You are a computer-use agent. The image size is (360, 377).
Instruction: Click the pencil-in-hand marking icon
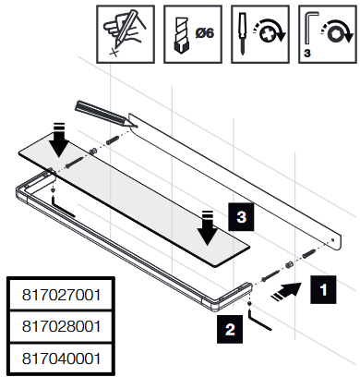[x=125, y=32]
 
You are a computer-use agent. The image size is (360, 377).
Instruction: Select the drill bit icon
[x=182, y=35]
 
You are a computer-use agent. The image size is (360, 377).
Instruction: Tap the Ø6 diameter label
[x=205, y=32]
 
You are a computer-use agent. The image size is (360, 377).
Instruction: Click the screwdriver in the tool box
[x=243, y=33]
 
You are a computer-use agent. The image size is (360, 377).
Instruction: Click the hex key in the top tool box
[x=309, y=28]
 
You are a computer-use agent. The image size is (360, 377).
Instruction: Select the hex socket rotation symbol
[x=336, y=32]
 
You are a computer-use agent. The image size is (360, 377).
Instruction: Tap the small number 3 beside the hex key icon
[x=307, y=53]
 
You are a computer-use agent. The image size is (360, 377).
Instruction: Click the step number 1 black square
[x=323, y=289]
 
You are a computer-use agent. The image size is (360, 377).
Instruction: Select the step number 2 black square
[x=230, y=329]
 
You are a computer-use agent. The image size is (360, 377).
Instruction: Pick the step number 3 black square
[x=241, y=216]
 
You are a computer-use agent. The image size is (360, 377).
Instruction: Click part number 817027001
[x=61, y=295]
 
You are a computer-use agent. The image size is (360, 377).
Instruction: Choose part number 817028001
[x=61, y=326]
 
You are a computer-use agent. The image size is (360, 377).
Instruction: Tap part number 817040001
[x=61, y=359]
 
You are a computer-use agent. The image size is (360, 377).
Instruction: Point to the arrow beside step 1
[x=286, y=290]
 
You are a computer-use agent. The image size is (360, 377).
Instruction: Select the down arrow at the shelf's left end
[x=59, y=140]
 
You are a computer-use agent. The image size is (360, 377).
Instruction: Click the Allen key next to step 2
[x=258, y=320]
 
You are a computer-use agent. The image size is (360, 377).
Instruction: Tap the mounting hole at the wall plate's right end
[x=332, y=239]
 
